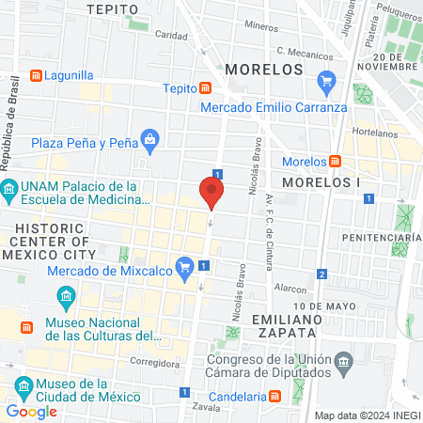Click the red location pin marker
pyautogui.click(x=211, y=193)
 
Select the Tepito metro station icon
pyautogui.click(x=205, y=88)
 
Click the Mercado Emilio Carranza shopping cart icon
pyautogui.click(x=326, y=80)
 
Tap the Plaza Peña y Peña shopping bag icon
pyautogui.click(x=149, y=140)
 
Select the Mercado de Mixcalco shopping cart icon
pyautogui.click(x=185, y=265)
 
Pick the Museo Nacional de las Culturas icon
pyautogui.click(x=67, y=300)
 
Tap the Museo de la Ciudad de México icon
pyautogui.click(x=19, y=385)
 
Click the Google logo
pyautogui.click(x=31, y=411)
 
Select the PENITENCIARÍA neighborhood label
pyautogui.click(x=381, y=239)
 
